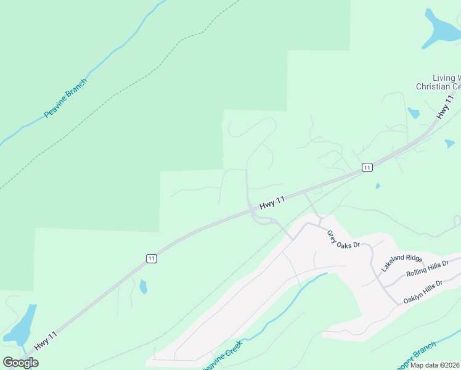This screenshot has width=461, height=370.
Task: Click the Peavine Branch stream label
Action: tap(66, 97)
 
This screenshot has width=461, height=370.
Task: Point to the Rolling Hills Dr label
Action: tap(432, 269)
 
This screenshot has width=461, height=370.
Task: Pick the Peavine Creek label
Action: tap(222, 355)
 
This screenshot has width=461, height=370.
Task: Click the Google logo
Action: tap(20, 363)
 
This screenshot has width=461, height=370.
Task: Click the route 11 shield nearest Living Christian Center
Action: tap(367, 168)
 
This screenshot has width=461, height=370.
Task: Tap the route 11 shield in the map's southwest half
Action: tap(151, 259)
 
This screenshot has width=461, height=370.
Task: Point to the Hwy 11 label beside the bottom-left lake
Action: tap(46, 341)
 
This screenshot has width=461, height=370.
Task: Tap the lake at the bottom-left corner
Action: tap(21, 326)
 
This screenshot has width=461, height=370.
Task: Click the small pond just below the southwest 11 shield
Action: tap(144, 287)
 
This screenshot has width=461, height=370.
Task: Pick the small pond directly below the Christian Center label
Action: tap(413, 113)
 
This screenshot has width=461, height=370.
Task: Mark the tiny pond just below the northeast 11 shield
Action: tap(377, 186)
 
